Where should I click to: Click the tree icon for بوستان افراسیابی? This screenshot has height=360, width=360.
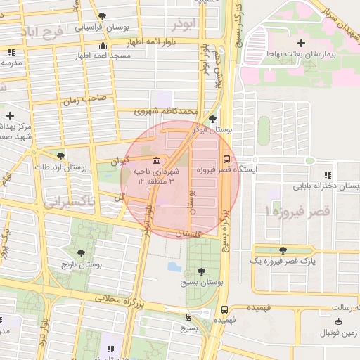point(103,15)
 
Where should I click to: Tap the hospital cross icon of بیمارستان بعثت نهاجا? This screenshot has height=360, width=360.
point(301,44)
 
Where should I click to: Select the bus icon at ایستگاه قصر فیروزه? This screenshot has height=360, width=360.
point(226,159)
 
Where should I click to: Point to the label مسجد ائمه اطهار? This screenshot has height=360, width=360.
point(123,55)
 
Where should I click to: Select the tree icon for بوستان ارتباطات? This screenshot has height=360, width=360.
point(60,156)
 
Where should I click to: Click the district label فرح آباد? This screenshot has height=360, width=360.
point(41,32)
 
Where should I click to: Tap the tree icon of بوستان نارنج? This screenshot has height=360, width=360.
point(82,252)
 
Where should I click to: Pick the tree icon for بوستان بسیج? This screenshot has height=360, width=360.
point(202,270)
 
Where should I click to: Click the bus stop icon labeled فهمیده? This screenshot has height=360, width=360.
point(224,309)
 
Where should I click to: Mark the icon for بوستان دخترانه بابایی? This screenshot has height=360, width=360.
point(327,175)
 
